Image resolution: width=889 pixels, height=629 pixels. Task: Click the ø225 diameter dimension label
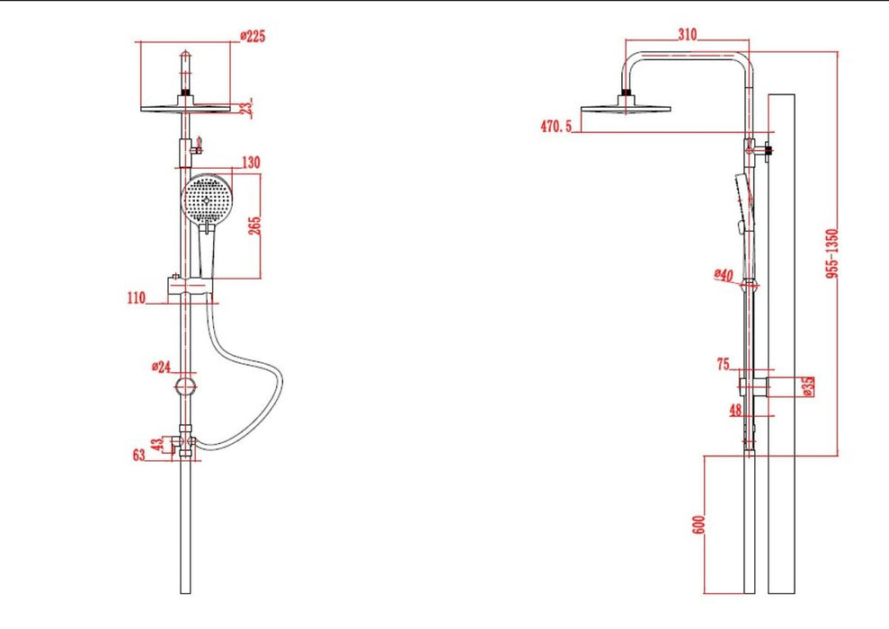253,36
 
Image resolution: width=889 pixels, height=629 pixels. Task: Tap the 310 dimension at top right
687,34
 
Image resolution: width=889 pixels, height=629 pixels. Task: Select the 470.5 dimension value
556,126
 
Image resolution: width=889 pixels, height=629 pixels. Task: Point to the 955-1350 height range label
831,253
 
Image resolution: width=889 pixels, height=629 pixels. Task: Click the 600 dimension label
699,524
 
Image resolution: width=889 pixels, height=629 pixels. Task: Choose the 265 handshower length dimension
254,226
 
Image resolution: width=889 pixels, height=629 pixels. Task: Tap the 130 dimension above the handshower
251,163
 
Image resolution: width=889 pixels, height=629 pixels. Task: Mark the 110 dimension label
137,297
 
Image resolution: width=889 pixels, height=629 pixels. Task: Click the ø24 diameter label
161,367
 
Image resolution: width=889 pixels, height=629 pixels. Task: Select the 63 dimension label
139,455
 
